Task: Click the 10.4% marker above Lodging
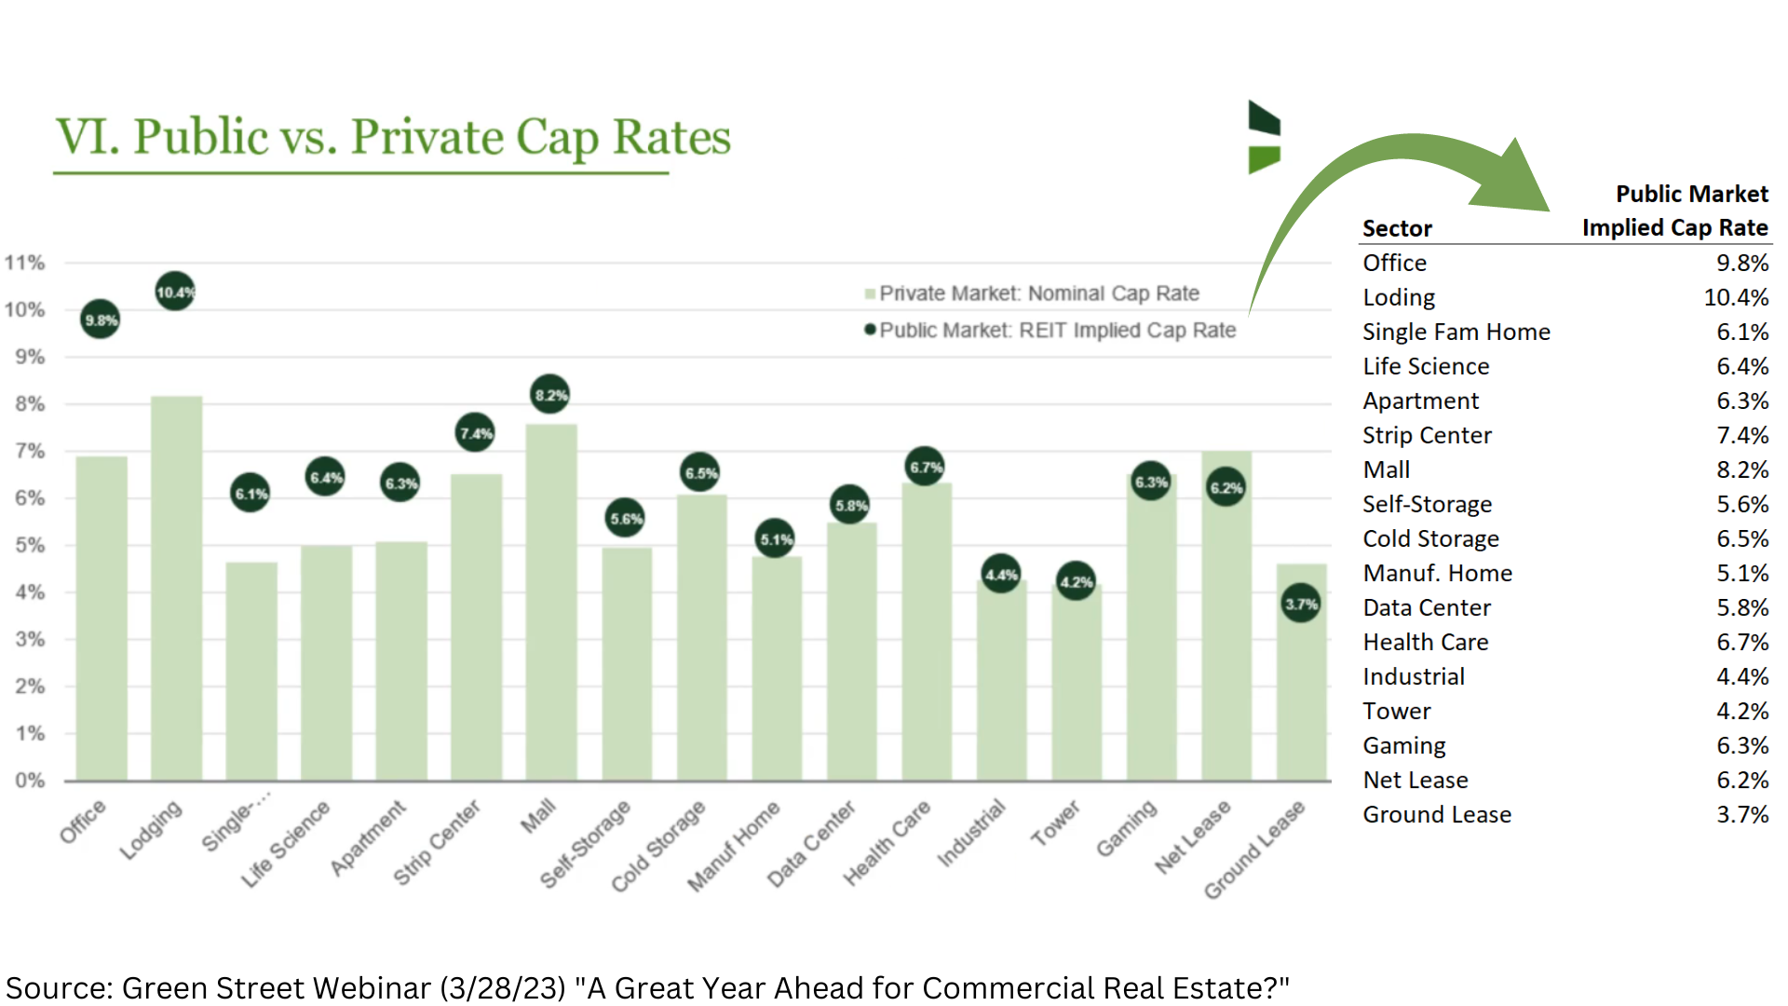click(175, 292)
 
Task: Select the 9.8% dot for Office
click(101, 319)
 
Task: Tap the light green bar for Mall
click(551, 605)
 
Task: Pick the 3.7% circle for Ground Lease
click(1301, 604)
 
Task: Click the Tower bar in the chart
click(1077, 689)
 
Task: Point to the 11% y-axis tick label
click(25, 263)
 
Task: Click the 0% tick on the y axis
click(30, 781)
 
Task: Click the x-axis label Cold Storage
click(658, 846)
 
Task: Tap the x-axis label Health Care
click(887, 842)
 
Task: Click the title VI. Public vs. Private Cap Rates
click(393, 137)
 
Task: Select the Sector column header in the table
click(1397, 228)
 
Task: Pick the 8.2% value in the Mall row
click(1741, 469)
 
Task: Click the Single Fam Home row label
click(1456, 332)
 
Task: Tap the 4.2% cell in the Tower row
click(1741, 711)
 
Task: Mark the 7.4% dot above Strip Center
click(475, 433)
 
